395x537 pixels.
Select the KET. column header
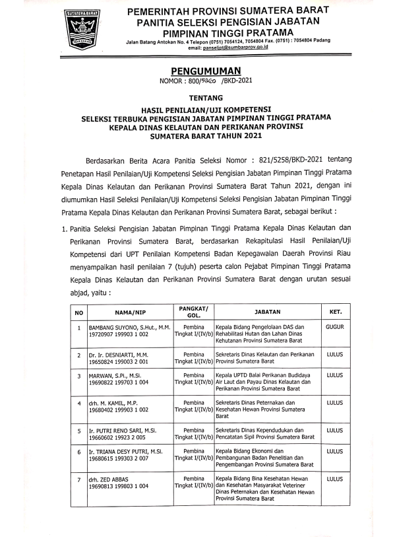(x=334, y=311)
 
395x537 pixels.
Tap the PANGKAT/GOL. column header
(x=194, y=311)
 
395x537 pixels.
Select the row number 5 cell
(x=78, y=430)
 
